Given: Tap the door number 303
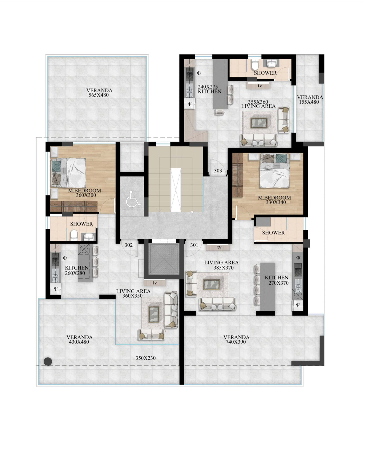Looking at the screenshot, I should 218,171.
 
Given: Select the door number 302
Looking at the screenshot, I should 129,245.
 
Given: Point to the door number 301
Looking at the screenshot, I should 194,245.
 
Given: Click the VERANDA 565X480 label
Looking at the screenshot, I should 99,93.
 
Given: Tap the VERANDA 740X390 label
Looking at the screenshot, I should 236,339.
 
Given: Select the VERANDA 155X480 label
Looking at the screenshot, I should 310,99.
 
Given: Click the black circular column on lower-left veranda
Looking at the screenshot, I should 48,361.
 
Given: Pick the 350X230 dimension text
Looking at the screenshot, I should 145,358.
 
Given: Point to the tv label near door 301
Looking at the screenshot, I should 219,247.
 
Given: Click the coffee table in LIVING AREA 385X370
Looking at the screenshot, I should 212,284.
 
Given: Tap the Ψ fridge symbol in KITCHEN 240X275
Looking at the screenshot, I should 190,104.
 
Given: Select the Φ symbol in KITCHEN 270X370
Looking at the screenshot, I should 298,257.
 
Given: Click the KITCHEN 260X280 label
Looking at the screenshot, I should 77,270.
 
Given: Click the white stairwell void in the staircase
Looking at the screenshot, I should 176,189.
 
